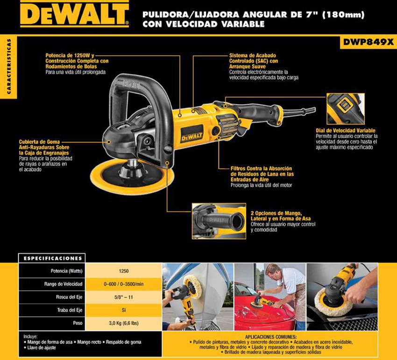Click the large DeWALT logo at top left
(74, 14)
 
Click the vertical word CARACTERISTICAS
(9, 67)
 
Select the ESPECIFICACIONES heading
(53, 258)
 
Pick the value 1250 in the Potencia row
(124, 271)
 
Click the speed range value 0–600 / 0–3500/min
(124, 284)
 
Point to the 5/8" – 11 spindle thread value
(124, 297)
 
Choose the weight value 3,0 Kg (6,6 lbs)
(124, 323)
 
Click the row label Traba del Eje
(70, 310)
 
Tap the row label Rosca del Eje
(69, 297)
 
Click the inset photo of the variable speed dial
(346, 109)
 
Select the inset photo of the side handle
(219, 221)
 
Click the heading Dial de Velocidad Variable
(345, 131)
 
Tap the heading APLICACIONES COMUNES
(270, 337)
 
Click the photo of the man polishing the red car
(270, 296)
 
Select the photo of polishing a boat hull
(198, 296)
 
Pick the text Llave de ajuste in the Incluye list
(42, 347)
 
